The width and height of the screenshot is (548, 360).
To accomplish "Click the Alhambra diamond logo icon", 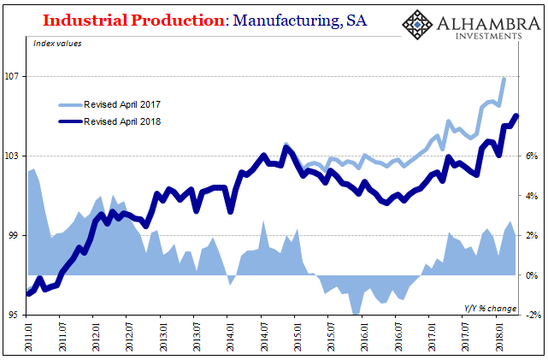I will tap(417, 26).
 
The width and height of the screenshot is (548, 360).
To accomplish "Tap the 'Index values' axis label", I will tap(58, 44).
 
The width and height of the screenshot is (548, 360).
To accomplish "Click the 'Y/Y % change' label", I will tap(488, 307).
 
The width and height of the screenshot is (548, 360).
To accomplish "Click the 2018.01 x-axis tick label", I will tap(498, 336).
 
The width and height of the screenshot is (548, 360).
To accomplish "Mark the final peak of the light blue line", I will tap(504, 78).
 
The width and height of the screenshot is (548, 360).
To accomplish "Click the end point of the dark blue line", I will tap(516, 115).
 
